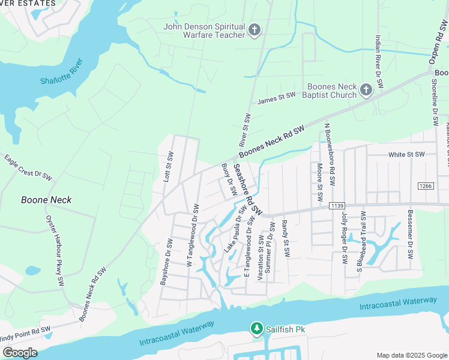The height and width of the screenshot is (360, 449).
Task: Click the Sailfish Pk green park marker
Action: (257, 328)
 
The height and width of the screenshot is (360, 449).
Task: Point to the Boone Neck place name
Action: (46, 200)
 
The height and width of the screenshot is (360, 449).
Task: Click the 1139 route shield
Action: (336, 206)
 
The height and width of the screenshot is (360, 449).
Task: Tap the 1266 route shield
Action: (426, 186)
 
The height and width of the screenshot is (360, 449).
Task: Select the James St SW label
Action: (277, 98)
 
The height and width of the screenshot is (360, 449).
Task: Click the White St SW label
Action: (407, 154)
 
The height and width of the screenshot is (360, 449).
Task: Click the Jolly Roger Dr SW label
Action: (345, 238)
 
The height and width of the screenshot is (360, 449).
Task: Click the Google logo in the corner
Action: (20, 352)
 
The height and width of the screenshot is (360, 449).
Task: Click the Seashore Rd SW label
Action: (248, 190)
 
